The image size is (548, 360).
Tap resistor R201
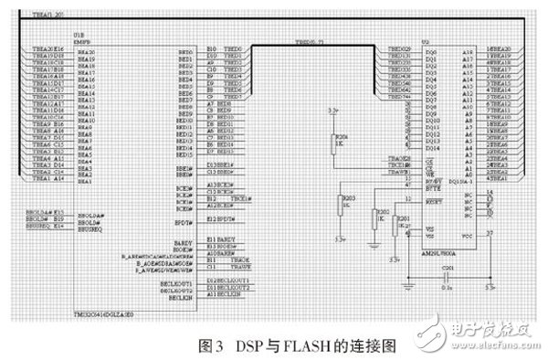click(x=395, y=226)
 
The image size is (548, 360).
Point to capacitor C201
click(x=447, y=276)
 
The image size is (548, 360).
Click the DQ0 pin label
click(x=421, y=52)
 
